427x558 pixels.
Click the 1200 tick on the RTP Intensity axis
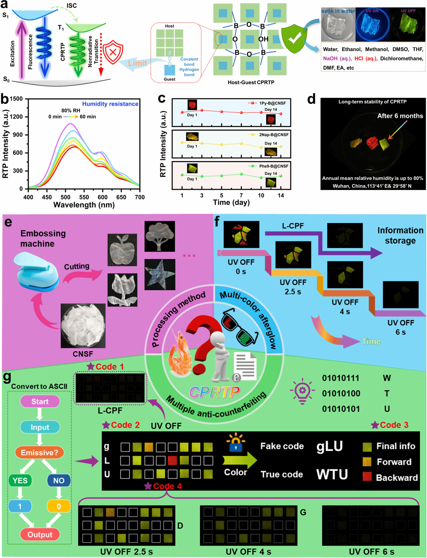(16, 117)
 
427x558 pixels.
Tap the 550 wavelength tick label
(84, 197)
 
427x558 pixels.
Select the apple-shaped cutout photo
(122, 250)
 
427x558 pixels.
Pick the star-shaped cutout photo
(160, 275)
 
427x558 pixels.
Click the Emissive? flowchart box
(39, 453)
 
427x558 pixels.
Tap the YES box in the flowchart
(20, 480)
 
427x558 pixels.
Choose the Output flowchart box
(40, 534)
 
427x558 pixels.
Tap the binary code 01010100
(341, 393)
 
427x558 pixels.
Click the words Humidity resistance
(110, 104)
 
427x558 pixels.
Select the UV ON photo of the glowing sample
(372, 25)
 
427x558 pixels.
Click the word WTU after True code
(332, 474)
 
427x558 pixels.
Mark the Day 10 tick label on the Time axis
(261, 195)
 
